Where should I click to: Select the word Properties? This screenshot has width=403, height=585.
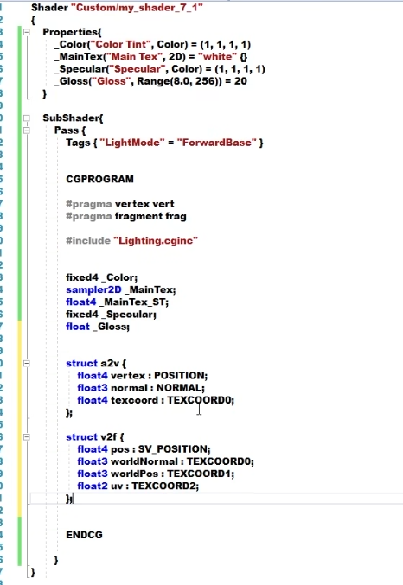[x=71, y=33]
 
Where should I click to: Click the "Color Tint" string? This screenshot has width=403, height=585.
[x=120, y=44]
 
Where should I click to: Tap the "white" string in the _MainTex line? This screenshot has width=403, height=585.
[x=217, y=57]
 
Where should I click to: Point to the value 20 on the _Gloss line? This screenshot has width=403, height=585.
[x=240, y=81]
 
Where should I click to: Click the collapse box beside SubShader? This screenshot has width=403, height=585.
[x=27, y=118]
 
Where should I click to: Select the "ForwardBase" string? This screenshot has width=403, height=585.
[x=216, y=143]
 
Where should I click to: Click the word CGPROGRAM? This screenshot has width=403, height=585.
[x=99, y=179]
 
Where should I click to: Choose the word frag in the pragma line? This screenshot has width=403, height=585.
[x=175, y=216]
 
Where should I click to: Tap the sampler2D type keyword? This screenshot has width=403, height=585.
[x=93, y=289]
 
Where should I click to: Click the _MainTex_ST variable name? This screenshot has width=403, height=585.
[x=132, y=302]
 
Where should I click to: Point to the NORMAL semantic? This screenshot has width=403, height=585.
[x=179, y=388]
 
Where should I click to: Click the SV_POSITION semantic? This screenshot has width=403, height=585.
[x=173, y=449]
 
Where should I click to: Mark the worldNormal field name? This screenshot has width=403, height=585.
[x=144, y=461]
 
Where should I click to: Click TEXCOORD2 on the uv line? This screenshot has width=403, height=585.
[x=163, y=486]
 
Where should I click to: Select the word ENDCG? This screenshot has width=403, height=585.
[x=84, y=535]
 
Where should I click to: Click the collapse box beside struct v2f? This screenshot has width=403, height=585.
[x=27, y=437]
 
